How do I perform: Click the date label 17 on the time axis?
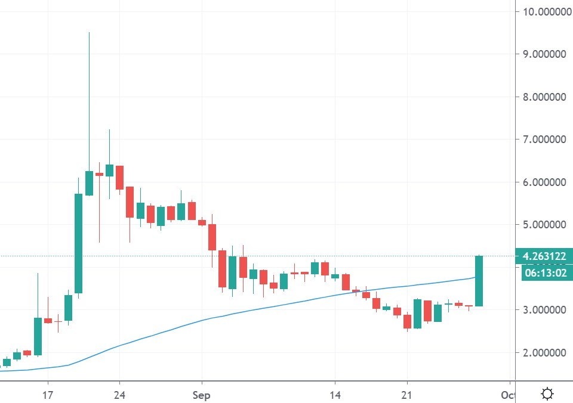coord(48,395)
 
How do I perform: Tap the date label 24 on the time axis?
coord(119,395)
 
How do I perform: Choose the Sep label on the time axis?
coord(202,395)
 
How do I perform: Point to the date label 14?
coord(335,395)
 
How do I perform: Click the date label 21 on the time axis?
coord(407,395)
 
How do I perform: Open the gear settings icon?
coord(547,394)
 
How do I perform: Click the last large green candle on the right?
coord(479,281)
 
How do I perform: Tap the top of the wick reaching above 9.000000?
coord(89,33)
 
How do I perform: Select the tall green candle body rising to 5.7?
coord(78,243)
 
